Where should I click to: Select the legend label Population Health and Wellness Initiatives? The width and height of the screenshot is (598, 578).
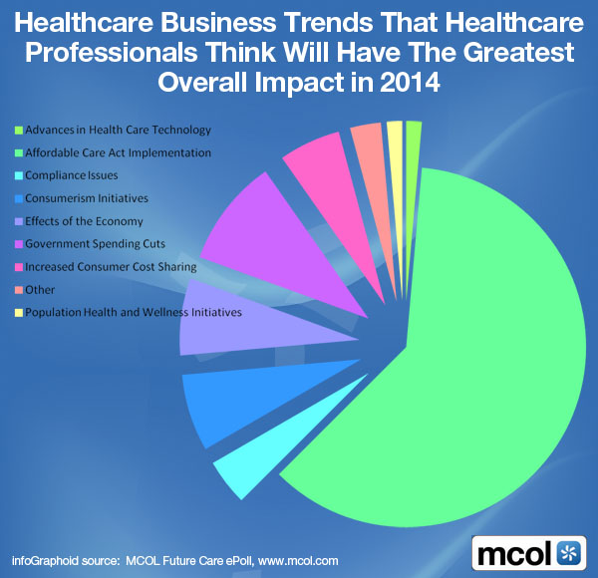[134, 313]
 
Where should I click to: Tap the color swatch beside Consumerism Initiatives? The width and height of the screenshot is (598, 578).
[17, 198]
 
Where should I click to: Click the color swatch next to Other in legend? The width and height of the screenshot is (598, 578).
[17, 290]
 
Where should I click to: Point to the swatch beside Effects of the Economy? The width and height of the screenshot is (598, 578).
[17, 221]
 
